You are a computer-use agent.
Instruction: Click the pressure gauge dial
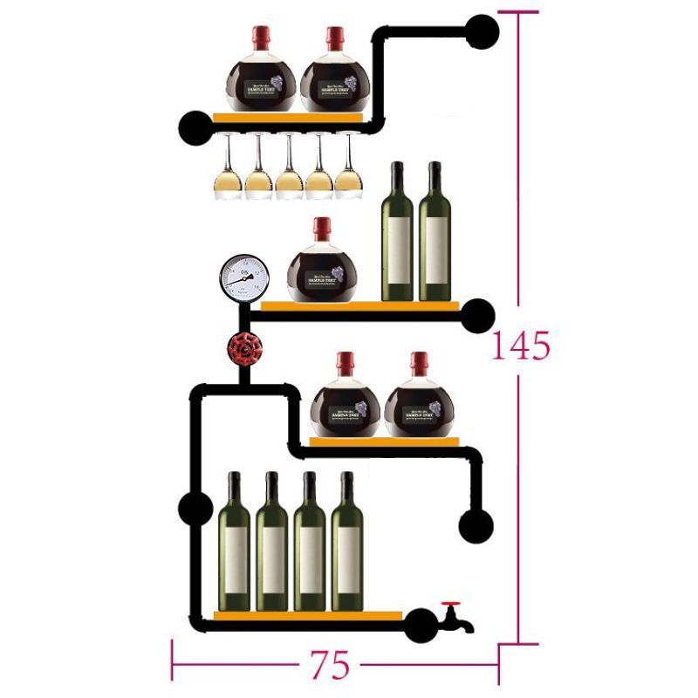[x=244, y=277]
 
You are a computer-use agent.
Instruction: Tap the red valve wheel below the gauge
[x=244, y=349]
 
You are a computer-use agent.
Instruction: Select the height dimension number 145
[x=519, y=346]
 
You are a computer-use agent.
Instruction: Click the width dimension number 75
[x=330, y=666]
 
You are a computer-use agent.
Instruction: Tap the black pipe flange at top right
[x=482, y=31]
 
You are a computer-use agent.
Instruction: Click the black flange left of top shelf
[x=195, y=127]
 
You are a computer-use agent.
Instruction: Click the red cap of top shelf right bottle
[x=335, y=37]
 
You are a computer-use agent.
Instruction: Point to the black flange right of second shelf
[x=478, y=313]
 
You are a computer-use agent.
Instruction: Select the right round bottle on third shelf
[x=420, y=404]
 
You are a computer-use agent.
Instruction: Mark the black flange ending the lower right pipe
[x=476, y=526]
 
